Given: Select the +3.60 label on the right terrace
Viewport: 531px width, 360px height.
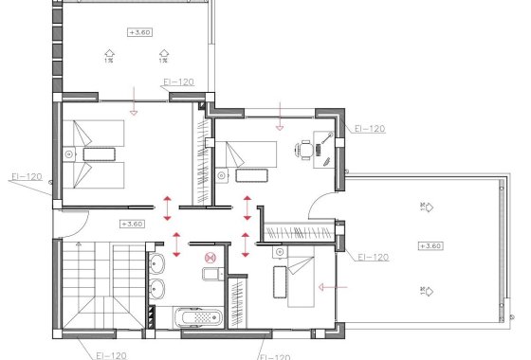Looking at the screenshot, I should pos(430,245).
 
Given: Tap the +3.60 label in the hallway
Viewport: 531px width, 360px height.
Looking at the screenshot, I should pos(132,225).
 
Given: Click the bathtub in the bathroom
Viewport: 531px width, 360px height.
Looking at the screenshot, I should pos(196,317).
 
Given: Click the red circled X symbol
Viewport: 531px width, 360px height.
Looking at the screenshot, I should pos(211,255).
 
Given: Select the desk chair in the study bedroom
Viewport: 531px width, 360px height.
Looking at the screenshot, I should pos(305,149).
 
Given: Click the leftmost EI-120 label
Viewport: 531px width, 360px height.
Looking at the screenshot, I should pos(27,176).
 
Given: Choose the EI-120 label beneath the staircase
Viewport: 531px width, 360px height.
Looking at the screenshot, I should pos(111,354).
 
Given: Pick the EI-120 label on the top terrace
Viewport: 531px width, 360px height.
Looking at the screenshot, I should pos(178,82).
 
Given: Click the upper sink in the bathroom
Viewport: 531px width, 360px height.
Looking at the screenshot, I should pos(158,260).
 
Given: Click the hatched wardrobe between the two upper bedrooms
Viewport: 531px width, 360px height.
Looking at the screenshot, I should pos(202,156).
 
